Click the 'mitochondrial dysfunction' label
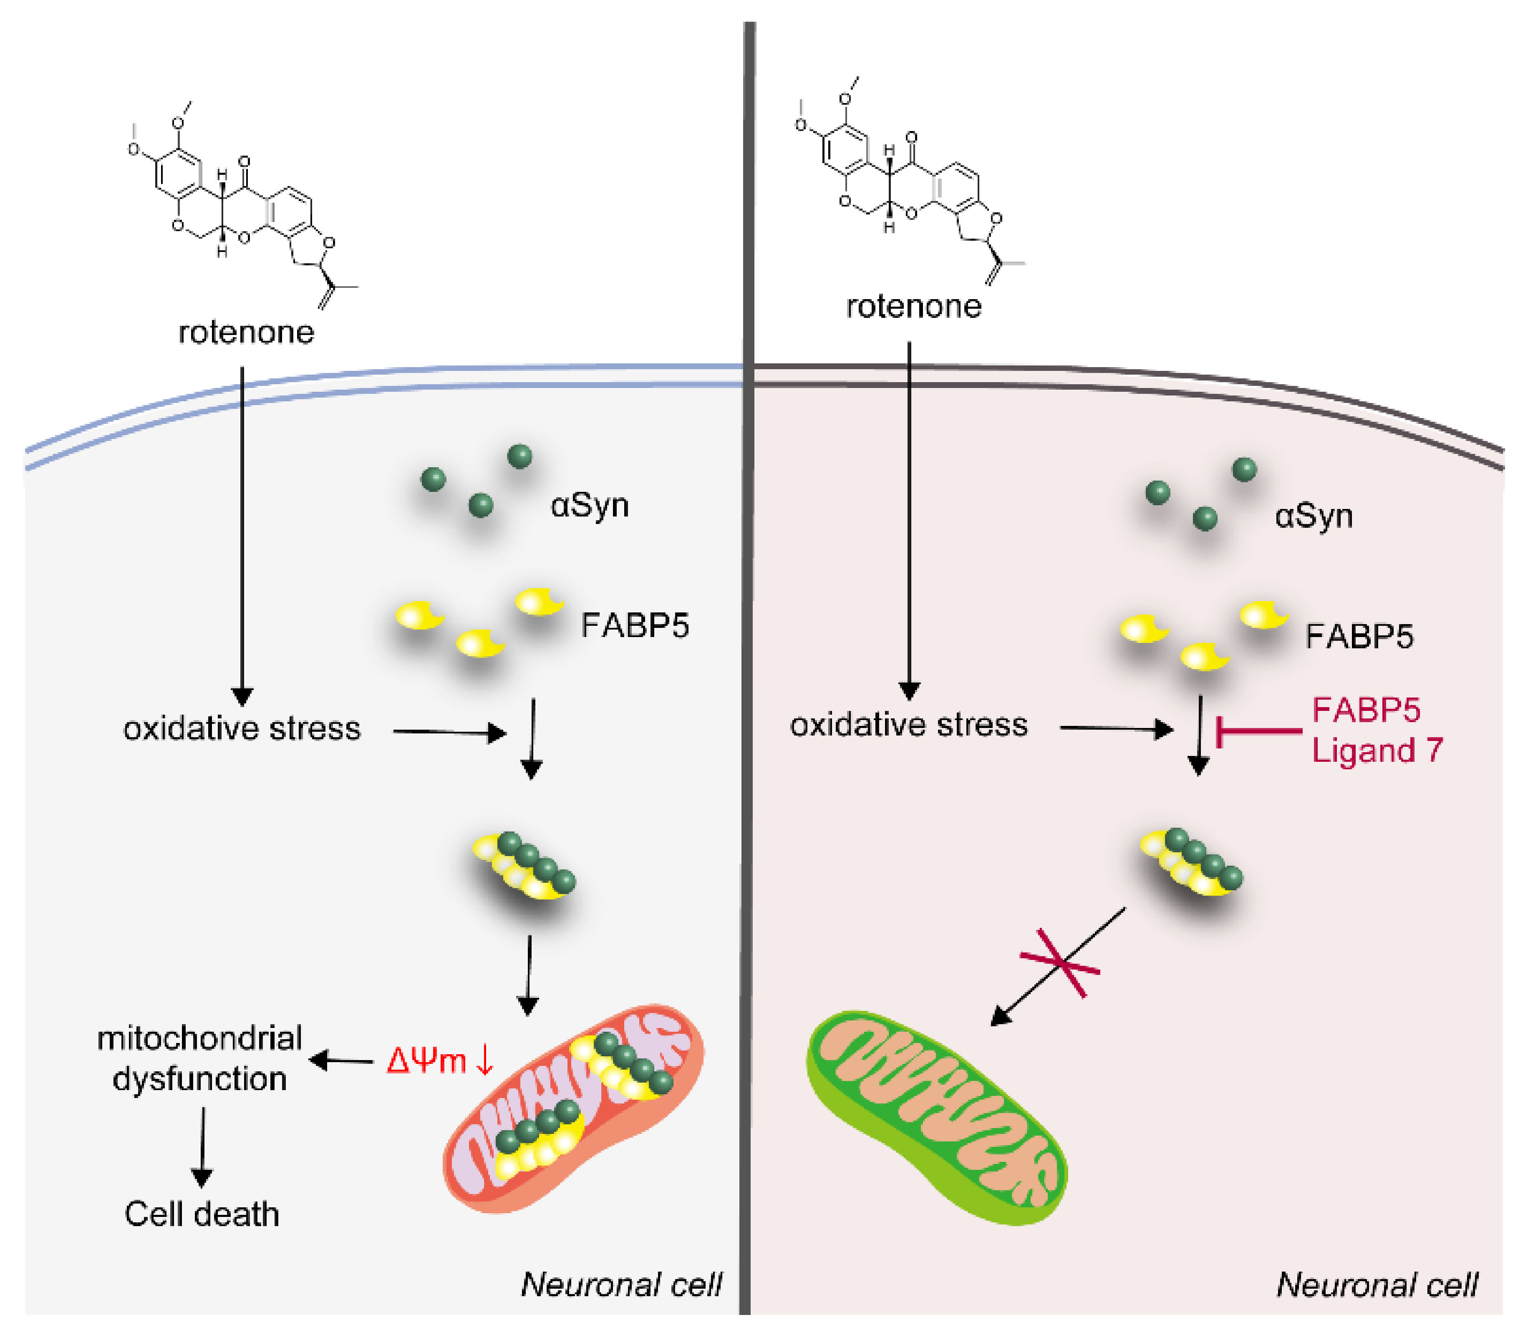200,1058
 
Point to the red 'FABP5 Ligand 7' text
1376,730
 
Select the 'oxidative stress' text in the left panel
242,728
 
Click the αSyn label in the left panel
589,506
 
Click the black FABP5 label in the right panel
1359,636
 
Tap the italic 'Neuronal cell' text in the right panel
1377,1284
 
